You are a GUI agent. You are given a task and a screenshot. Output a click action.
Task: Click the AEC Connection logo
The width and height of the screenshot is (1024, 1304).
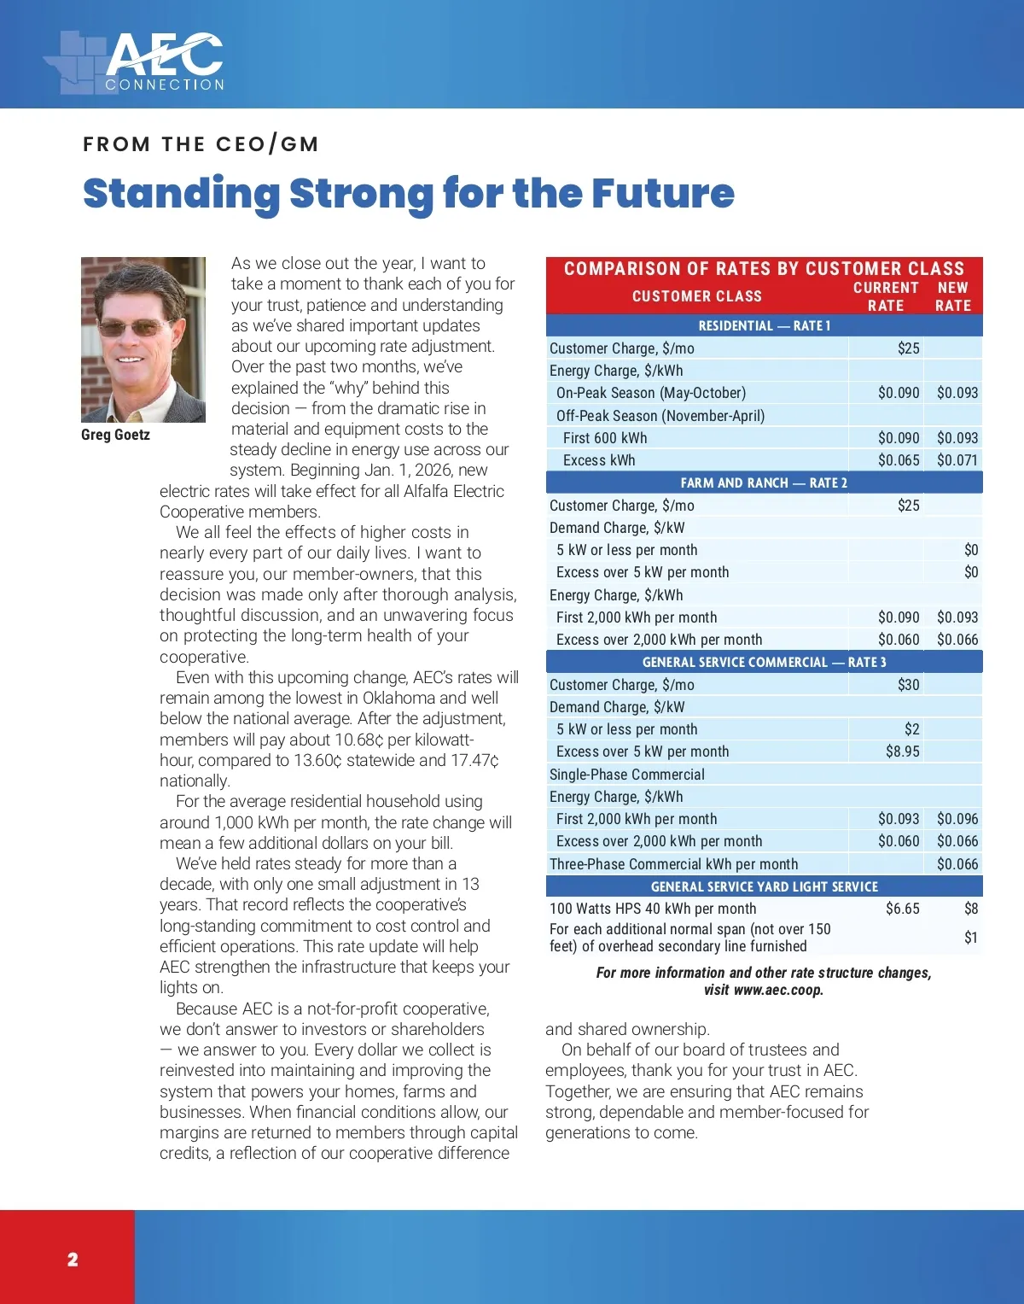[137, 62]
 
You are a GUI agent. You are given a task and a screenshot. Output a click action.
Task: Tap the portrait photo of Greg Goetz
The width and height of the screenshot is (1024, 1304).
[143, 340]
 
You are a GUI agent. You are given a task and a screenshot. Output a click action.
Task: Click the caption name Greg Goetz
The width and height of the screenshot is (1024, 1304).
[115, 435]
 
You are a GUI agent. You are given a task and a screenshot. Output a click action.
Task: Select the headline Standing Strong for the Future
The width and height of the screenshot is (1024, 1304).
[408, 193]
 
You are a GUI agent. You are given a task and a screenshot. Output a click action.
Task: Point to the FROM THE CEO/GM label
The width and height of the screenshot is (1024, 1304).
[201, 144]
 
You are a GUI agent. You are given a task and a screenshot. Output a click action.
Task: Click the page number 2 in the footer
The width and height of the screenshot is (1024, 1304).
[73, 1259]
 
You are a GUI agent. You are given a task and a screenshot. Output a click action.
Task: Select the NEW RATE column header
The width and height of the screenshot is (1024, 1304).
[952, 296]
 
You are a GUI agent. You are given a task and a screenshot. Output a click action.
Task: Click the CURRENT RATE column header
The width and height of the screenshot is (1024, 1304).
[886, 296]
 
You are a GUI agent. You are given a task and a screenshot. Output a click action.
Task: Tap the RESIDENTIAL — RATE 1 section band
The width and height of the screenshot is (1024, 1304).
[764, 325]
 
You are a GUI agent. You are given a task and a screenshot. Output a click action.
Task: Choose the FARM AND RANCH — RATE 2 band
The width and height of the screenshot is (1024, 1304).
[764, 482]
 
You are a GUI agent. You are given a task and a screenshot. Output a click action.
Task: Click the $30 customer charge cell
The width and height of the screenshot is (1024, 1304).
[908, 685]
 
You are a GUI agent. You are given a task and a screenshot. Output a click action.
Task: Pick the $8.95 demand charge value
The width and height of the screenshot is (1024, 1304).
[902, 751]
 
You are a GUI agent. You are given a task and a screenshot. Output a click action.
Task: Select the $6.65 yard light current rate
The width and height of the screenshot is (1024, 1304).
[902, 909]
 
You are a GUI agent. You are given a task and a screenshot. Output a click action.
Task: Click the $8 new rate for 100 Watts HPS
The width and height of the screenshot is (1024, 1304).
[970, 909]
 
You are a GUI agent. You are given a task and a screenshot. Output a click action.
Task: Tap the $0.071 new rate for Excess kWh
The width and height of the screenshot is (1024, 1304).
[957, 460]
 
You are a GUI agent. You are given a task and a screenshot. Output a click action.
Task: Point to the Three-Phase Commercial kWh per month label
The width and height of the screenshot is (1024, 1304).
[673, 864]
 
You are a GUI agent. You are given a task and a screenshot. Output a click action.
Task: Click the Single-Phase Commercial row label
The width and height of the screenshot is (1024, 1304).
[627, 775]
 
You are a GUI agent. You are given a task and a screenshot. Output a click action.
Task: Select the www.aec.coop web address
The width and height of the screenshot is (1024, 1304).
[778, 991]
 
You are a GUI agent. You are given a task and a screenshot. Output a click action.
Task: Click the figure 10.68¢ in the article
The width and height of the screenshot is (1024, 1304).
[358, 740]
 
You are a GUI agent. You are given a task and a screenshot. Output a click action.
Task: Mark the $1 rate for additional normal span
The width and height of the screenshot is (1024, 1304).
[970, 938]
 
